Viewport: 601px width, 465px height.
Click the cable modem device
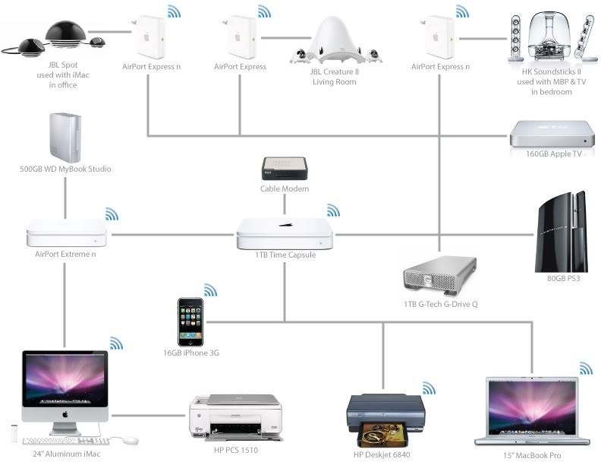click(x=285, y=169)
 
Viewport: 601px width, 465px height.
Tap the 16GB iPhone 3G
click(x=190, y=322)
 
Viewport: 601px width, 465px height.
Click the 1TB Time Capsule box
click(x=285, y=233)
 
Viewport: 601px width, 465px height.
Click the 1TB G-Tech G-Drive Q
click(x=440, y=277)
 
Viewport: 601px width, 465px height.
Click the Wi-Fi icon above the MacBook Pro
click(x=586, y=369)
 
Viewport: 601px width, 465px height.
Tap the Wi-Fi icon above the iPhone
click(x=210, y=290)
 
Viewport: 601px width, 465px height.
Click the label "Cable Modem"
click(x=285, y=189)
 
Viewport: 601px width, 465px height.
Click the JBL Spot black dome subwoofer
click(x=59, y=35)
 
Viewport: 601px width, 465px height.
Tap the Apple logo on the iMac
click(x=65, y=414)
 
